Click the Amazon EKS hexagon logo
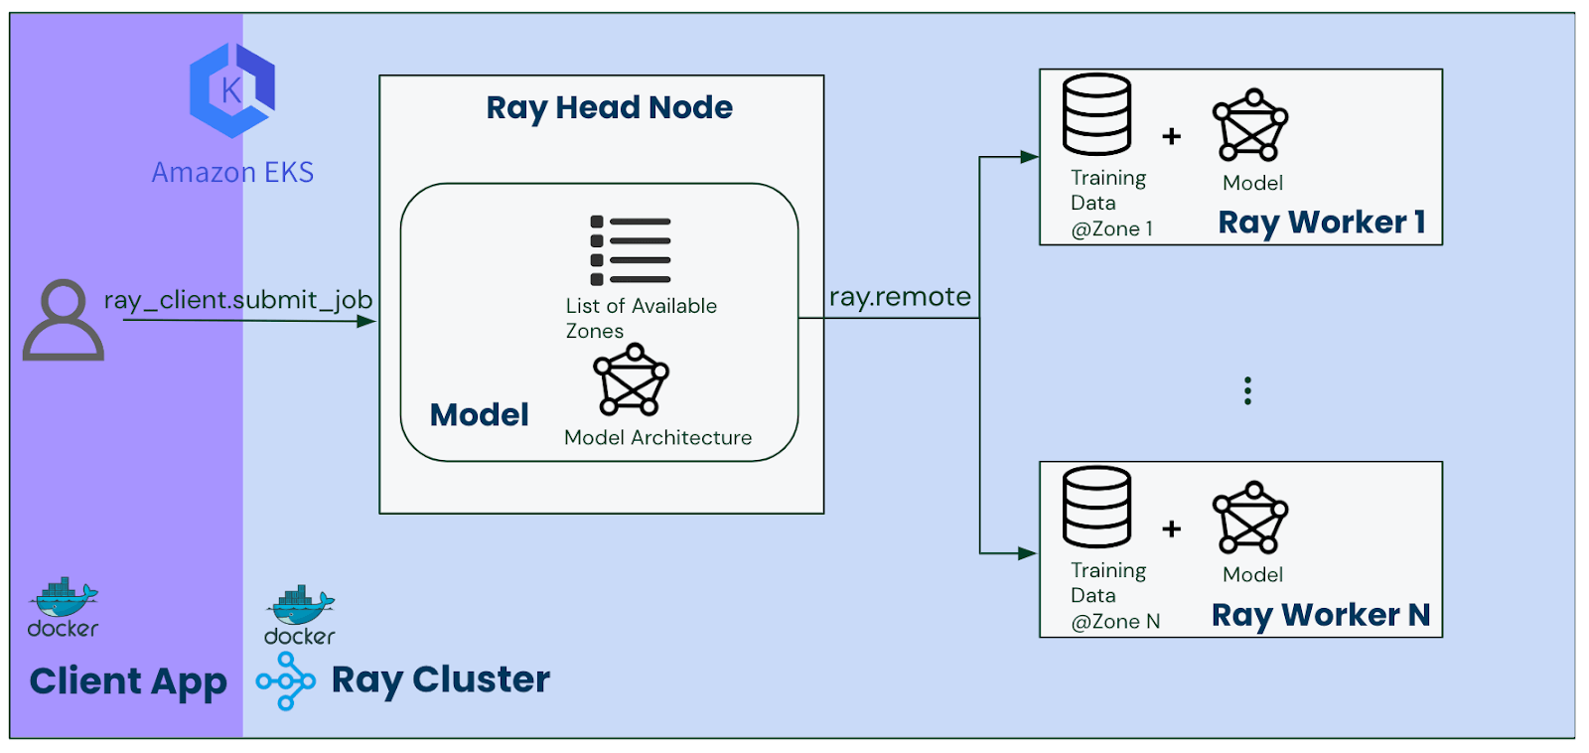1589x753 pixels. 232,89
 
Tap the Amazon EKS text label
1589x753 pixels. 232,173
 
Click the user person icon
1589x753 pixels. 63,320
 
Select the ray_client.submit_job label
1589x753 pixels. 238,299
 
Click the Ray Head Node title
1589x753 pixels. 609,107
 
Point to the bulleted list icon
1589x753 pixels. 630,250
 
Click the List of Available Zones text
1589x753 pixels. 641,318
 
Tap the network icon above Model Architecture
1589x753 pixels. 631,380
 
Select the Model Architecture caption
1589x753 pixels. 657,438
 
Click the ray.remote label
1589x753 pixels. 900,297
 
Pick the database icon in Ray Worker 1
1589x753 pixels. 1096,114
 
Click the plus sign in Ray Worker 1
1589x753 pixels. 1172,136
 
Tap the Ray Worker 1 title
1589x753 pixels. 1322,223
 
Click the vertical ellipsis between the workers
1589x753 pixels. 1247,390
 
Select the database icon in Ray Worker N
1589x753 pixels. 1096,507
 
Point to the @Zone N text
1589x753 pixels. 1115,622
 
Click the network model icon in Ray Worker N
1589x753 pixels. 1250,518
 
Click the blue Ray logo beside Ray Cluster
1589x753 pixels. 285,681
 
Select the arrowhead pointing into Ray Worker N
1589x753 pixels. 1028,553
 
